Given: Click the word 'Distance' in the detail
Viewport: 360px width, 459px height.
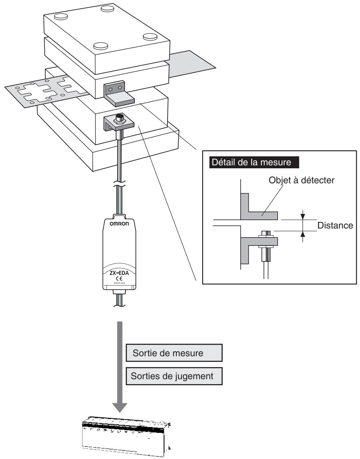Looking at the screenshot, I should pos(335,226).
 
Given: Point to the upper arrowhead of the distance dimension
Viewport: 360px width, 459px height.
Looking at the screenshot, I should pos(303,217).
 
